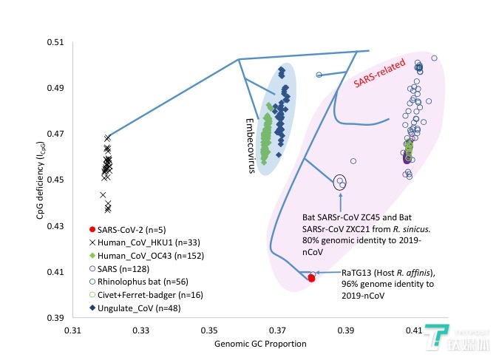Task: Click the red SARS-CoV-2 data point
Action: (311, 278)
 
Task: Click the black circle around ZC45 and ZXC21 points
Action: (340, 181)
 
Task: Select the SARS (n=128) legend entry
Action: (122, 268)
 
